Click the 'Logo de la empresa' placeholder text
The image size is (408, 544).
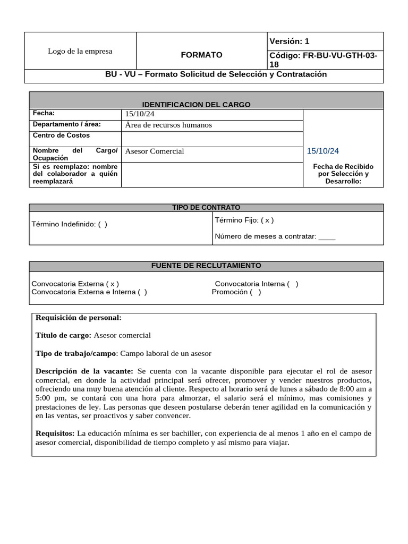[80, 52]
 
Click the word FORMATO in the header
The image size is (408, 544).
[201, 55]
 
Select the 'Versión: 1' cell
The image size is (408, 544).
[289, 41]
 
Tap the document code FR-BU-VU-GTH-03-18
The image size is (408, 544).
[324, 59]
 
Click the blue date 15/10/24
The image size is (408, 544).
[322, 151]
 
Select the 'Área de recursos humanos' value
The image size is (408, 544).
[168, 125]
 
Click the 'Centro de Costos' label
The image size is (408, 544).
[61, 135]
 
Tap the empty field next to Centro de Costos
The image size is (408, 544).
[211, 139]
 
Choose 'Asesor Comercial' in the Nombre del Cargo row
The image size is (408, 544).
[154, 151]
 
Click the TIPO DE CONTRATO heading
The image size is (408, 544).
[206, 208]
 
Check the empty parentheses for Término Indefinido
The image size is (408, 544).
[103, 224]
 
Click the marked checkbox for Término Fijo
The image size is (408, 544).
[267, 220]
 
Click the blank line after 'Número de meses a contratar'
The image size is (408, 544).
[327, 237]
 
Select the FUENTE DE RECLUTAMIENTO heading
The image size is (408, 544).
[206, 266]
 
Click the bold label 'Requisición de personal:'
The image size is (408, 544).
[79, 318]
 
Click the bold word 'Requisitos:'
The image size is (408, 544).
[56, 433]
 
